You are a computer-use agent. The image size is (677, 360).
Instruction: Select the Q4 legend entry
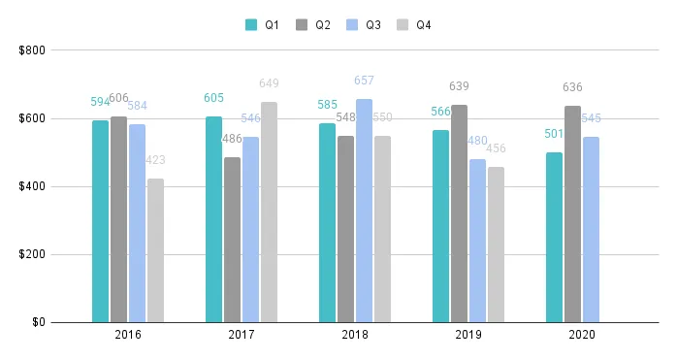tap(414, 24)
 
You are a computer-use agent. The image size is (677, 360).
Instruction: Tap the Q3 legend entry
tap(364, 24)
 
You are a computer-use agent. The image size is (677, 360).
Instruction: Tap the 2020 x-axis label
tap(582, 335)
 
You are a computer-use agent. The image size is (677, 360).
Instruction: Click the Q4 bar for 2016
tap(155, 250)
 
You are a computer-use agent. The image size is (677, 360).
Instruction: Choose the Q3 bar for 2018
tap(364, 211)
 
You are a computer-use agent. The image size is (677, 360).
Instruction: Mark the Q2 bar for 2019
tap(459, 213)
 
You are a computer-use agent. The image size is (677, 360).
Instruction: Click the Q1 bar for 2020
tap(554, 237)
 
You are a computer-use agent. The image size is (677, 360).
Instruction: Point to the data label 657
tap(364, 81)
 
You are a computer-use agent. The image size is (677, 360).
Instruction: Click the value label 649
tap(269, 83)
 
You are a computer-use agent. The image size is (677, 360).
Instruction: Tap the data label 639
tap(459, 86)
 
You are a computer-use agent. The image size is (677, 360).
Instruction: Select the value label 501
tap(554, 134)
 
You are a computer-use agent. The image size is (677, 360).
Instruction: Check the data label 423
tap(155, 160)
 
